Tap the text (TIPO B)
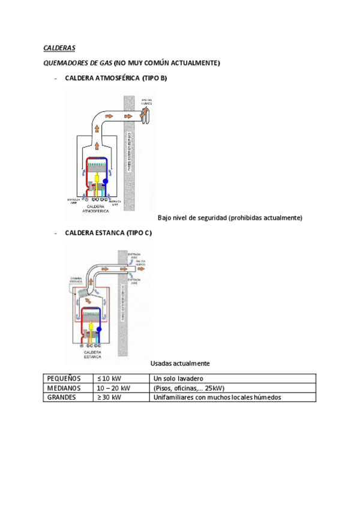[x=154, y=79]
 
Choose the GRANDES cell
[x=62, y=397]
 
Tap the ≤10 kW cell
[x=109, y=379]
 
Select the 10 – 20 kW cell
[x=113, y=388]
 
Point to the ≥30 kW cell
[x=109, y=397]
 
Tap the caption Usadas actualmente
[x=179, y=363]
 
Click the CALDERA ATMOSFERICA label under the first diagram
[x=94, y=208]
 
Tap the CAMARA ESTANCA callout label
[x=76, y=279]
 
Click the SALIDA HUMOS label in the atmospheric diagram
[x=146, y=101]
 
